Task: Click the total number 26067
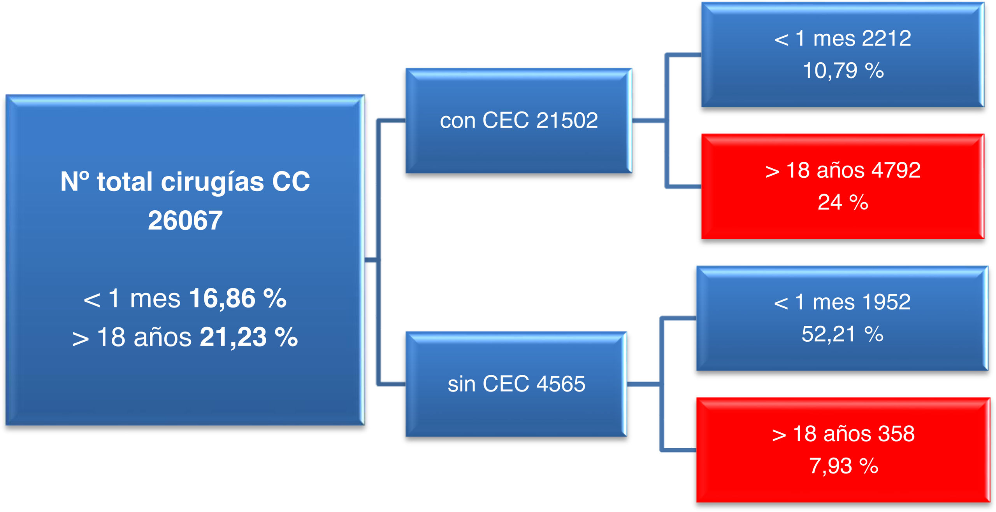185,220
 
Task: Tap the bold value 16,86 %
238,298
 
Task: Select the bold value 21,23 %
249,337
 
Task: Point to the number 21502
567,120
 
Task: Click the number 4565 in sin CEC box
561,384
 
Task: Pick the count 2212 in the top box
887,38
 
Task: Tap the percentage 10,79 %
843,71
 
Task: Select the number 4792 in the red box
896,170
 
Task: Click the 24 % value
843,202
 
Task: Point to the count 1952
886,302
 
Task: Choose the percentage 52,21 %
843,334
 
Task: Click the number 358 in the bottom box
896,434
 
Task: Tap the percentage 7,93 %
844,466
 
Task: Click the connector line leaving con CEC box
648,121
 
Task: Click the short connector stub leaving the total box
371,259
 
